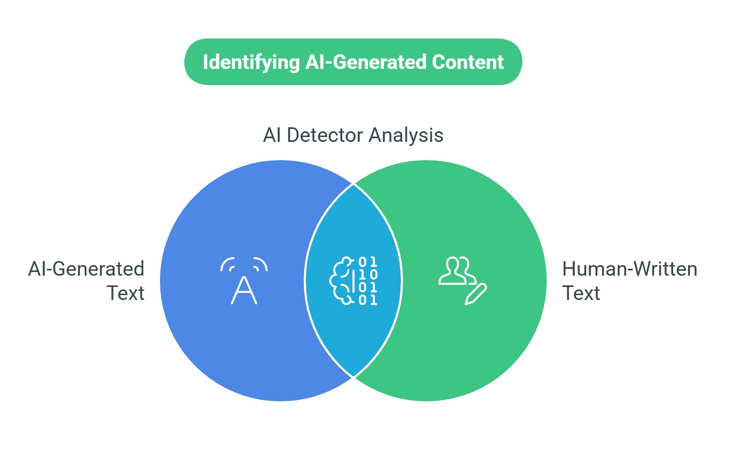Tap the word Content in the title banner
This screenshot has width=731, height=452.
[468, 62]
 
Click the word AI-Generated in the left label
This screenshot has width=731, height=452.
[86, 269]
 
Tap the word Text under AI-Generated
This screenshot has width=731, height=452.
[126, 293]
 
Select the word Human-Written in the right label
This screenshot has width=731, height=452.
[629, 269]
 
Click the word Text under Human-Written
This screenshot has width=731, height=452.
[581, 293]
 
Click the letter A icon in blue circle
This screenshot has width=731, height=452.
[244, 290]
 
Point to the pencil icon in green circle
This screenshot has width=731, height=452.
[476, 294]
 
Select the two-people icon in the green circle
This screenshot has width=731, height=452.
[457, 270]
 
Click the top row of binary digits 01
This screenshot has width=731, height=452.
[368, 262]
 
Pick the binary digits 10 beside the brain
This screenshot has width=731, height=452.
[368, 274]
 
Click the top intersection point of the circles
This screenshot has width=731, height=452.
[354, 184]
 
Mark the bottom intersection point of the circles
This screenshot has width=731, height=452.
[354, 377]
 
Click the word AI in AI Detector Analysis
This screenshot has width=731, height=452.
[272, 135]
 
